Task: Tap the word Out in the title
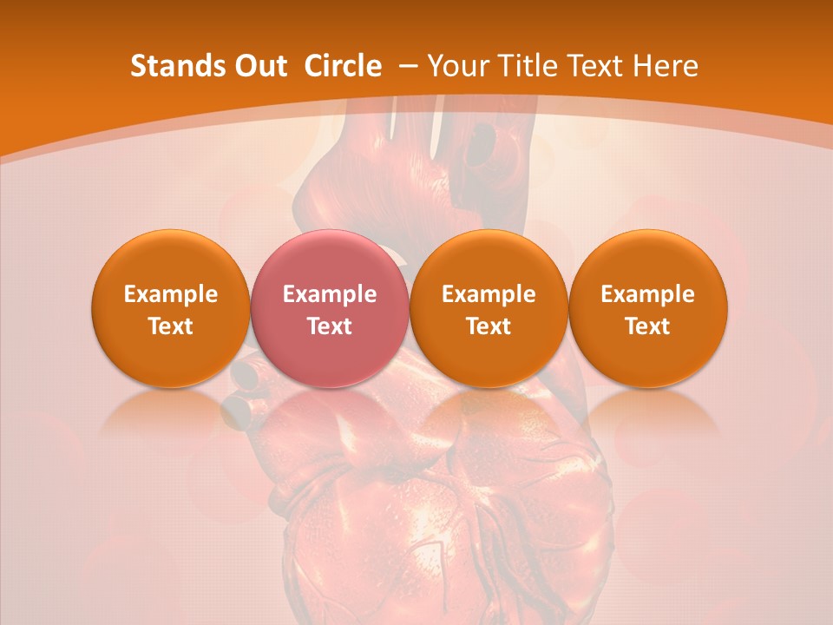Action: coord(259,66)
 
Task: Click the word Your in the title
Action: coord(459,66)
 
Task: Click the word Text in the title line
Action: coord(597,66)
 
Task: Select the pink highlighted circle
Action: coord(329,308)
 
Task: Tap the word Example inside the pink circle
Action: coord(330,294)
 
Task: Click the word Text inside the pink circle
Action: coord(330,326)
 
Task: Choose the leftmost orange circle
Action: coord(170,308)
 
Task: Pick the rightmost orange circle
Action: coord(647,308)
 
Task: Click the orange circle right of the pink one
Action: coord(489,308)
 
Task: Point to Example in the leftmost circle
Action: coord(171,294)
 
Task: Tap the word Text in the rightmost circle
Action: coord(647,326)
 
